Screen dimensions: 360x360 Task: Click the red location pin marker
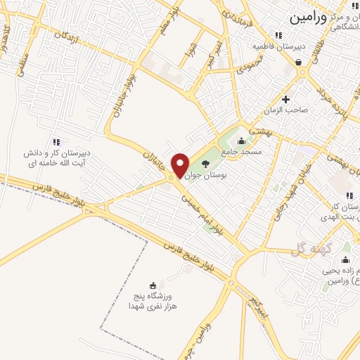click(x=180, y=165)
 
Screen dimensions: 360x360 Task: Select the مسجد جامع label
click(x=241, y=151)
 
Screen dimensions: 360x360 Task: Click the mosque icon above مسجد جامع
click(x=241, y=141)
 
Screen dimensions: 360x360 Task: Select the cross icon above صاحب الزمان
click(x=285, y=98)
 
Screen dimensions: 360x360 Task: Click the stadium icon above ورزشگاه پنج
click(x=153, y=285)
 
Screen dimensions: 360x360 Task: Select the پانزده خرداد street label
click(x=330, y=98)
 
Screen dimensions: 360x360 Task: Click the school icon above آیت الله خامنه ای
click(x=56, y=141)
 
